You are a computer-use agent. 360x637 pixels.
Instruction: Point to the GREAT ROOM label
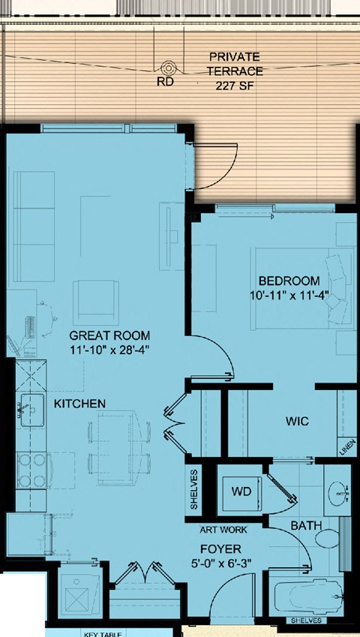pyautogui.click(x=109, y=335)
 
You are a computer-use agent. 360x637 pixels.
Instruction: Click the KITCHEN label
pyautogui.click(x=79, y=404)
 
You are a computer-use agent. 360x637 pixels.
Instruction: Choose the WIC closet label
pyautogui.click(x=297, y=421)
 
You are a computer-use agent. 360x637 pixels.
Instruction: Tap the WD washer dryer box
pyautogui.click(x=241, y=492)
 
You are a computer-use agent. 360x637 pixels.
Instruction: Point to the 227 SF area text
pyautogui.click(x=235, y=85)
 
